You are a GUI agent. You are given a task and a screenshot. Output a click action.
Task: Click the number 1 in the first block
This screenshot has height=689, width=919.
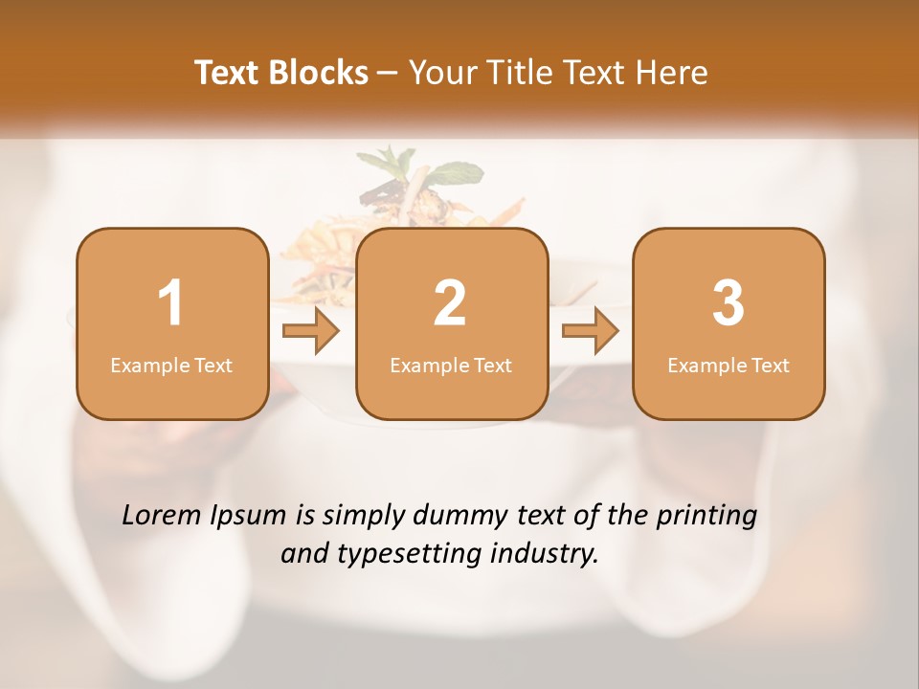click(x=170, y=303)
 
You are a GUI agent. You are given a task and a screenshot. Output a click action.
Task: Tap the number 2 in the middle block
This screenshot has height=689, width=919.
click(x=450, y=303)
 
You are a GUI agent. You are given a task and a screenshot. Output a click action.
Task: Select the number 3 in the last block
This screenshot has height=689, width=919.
click(x=728, y=303)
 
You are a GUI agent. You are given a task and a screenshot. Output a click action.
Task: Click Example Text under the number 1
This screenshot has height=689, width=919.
click(x=171, y=366)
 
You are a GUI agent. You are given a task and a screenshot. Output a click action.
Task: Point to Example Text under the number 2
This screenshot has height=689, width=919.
click(x=451, y=366)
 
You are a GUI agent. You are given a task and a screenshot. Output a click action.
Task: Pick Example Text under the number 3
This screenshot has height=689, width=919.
click(x=728, y=366)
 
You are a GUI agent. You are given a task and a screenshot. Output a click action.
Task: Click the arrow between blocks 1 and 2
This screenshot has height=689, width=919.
click(x=311, y=331)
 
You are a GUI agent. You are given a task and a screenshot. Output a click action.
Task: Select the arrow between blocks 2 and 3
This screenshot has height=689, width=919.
click(x=591, y=331)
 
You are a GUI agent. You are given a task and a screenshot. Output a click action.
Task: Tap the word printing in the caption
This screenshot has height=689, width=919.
click(x=706, y=517)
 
